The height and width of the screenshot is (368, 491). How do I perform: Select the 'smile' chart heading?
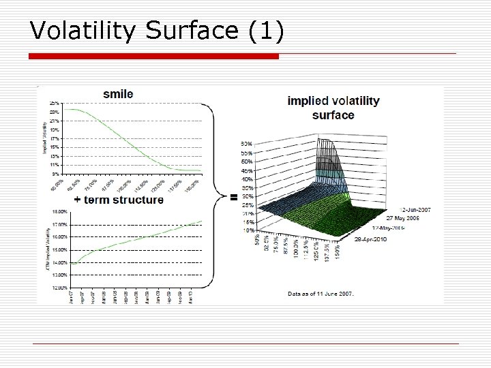tap(118, 94)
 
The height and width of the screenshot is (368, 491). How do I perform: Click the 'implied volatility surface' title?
tap(333, 108)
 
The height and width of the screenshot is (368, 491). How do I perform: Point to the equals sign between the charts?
tap(234, 198)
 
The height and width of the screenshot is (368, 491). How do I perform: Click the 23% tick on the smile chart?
tap(54, 112)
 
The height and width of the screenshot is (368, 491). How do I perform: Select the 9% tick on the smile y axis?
tap(55, 174)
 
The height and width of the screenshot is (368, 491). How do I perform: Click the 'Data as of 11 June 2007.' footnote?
tap(321, 294)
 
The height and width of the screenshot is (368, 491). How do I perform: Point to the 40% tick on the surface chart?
tap(246, 170)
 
